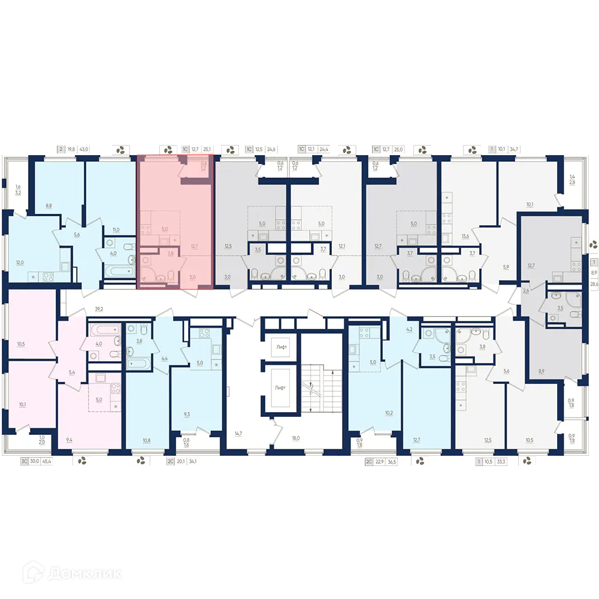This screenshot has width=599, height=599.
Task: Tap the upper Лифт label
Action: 281,347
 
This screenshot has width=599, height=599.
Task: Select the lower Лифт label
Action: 281,388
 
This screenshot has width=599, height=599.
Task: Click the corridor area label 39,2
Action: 99,309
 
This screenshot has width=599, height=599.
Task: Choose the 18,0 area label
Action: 295,438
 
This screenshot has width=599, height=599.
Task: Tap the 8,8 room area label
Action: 49,205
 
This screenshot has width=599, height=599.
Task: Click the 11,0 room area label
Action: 116,229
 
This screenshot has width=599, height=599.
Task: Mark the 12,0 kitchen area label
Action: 20,263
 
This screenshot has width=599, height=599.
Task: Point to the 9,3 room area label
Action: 187,414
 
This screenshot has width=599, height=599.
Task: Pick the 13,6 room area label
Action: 465,236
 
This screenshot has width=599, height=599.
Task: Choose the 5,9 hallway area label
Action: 506,267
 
